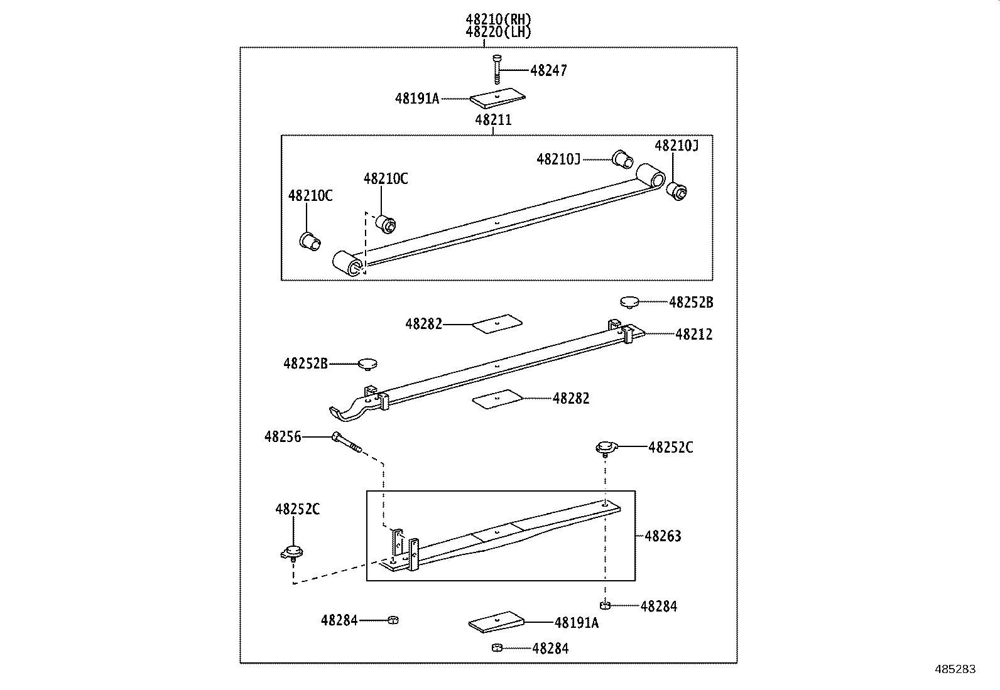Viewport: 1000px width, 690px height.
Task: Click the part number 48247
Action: click(x=548, y=71)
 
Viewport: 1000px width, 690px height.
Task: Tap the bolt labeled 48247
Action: click(x=497, y=68)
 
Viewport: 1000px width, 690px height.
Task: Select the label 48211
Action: click(x=493, y=120)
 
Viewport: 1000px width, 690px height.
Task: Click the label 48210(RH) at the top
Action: click(x=499, y=20)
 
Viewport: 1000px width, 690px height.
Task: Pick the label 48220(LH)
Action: click(x=499, y=33)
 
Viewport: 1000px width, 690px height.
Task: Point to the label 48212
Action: click(x=693, y=335)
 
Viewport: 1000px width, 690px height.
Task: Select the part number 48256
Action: click(x=283, y=436)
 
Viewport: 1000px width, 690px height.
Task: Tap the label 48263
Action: click(x=663, y=536)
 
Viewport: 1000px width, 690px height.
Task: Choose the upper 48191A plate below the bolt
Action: click(x=497, y=97)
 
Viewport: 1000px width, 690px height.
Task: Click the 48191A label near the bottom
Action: click(x=577, y=623)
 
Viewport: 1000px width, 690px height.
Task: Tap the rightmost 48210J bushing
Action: click(x=676, y=190)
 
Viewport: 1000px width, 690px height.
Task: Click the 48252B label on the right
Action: click(x=691, y=303)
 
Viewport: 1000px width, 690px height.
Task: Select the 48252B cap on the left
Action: click(x=367, y=363)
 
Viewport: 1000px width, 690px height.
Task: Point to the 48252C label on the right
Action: click(x=671, y=448)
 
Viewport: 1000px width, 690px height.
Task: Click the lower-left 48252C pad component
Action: click(x=291, y=553)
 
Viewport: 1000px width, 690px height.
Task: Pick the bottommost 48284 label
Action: click(x=550, y=649)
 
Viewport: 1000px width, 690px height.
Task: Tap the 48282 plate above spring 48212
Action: click(x=497, y=323)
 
